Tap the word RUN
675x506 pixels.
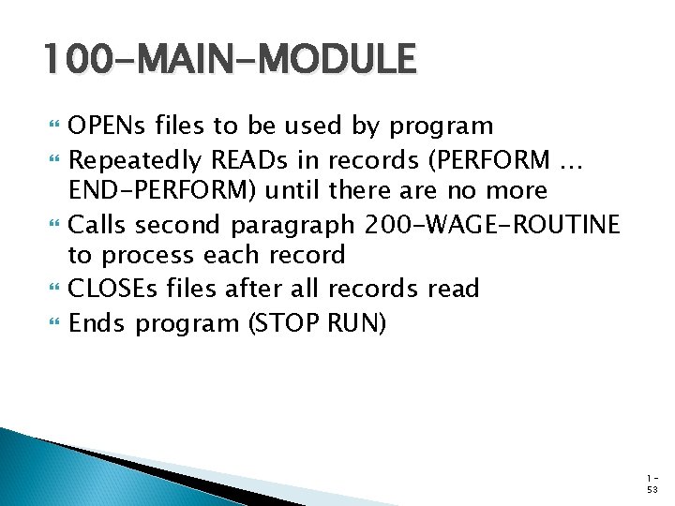[355, 323]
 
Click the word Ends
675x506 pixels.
[97, 323]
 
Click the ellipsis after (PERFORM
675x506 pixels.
[571, 161]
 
